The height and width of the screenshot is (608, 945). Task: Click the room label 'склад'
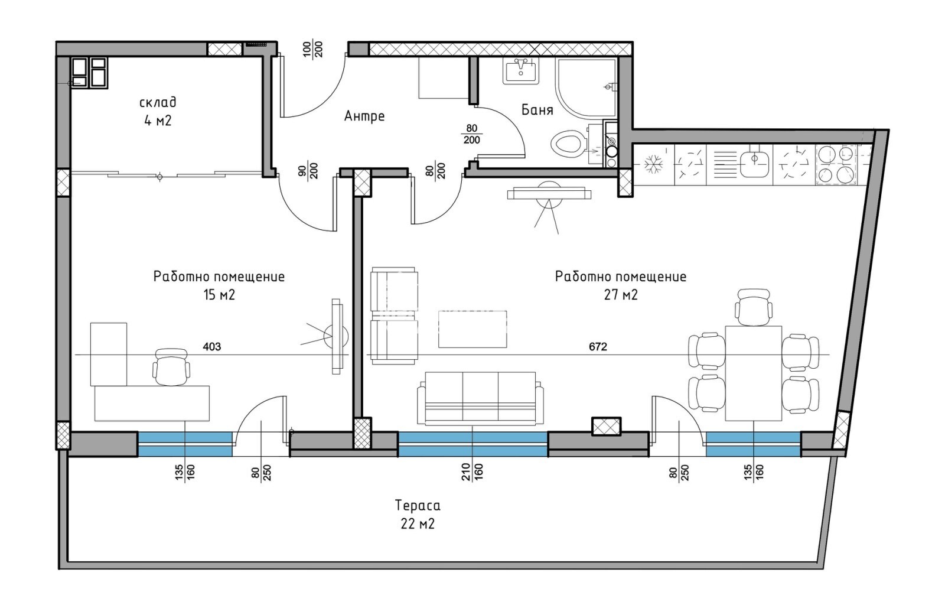158,103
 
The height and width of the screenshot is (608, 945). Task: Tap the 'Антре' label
364,116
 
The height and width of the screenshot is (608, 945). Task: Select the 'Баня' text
537,110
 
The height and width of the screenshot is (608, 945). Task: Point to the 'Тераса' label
418,505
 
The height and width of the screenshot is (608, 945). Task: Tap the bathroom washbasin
521,71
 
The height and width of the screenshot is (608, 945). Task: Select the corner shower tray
586,88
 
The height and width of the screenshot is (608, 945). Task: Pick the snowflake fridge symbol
653,164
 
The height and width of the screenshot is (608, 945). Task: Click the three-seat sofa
481,398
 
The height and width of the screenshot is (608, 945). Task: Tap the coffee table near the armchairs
472,329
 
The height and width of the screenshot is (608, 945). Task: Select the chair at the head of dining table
754,307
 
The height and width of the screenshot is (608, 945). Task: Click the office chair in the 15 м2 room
171,367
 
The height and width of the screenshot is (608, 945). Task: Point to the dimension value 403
212,347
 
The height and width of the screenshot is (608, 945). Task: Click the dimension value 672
598,347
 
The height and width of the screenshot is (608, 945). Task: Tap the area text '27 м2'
621,295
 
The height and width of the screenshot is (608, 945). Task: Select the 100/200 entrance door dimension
314,50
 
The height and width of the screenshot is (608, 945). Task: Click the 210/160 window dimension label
472,472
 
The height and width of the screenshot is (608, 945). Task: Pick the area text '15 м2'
219,295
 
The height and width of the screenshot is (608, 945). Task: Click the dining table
754,373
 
